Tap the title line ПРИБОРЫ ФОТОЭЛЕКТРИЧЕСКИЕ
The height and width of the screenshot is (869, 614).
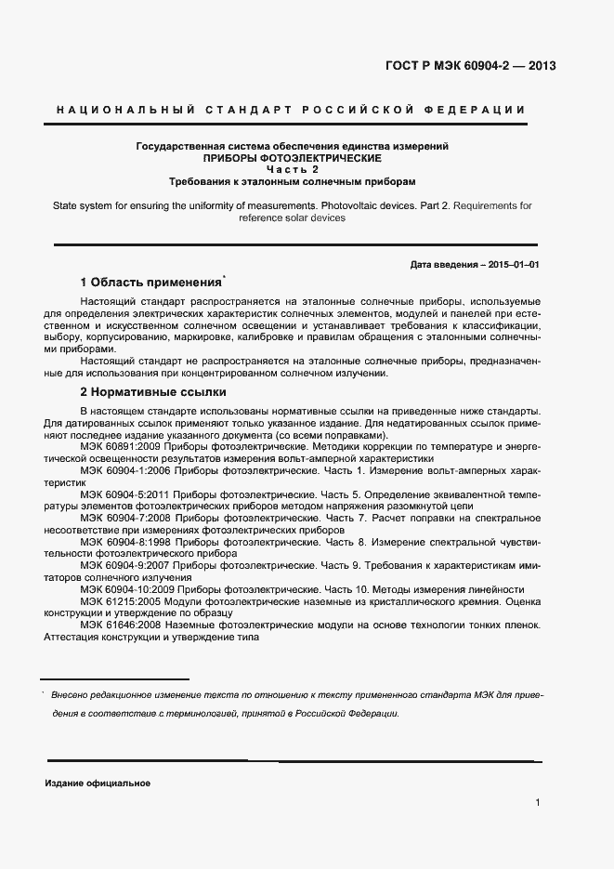coord(293,158)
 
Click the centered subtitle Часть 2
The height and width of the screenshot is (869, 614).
coord(293,169)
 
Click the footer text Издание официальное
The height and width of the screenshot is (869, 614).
coord(98,783)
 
